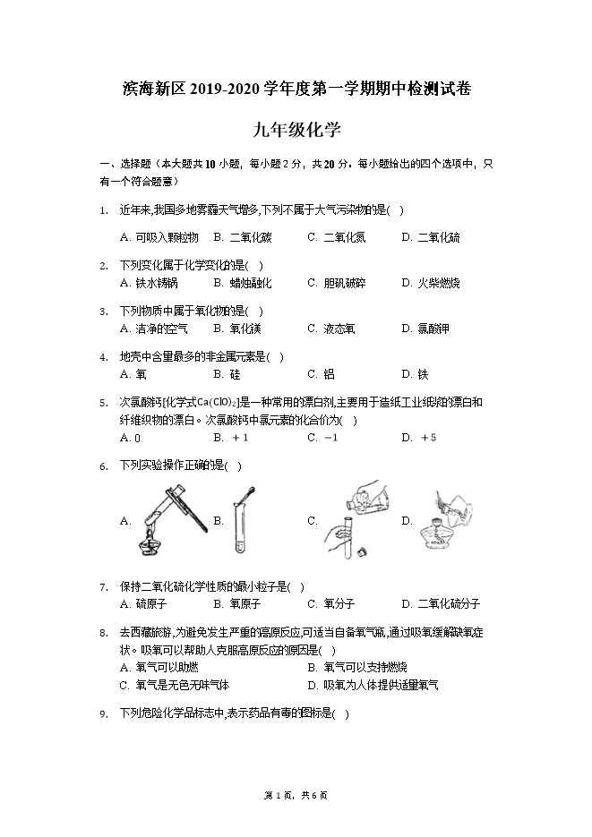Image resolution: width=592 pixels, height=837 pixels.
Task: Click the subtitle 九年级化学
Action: point(296,130)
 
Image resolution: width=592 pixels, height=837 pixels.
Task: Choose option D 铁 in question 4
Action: point(416,374)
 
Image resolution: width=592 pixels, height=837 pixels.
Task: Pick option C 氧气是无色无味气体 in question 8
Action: point(174,685)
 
